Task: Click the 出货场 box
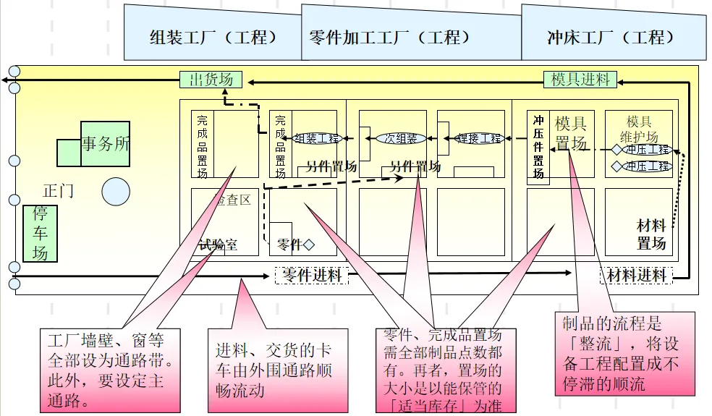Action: point(211,79)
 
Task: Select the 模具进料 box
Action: point(581,79)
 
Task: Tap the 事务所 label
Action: point(106,143)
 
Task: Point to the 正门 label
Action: point(58,191)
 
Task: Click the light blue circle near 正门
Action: point(116,192)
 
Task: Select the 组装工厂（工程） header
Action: point(212,37)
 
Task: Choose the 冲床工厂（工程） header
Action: point(611,37)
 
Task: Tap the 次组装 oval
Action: point(400,138)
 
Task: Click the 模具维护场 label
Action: point(639,129)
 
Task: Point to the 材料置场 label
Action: point(651,234)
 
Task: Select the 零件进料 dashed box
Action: point(311,275)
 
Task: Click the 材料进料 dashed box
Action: point(636,275)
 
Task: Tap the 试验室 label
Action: point(218,245)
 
